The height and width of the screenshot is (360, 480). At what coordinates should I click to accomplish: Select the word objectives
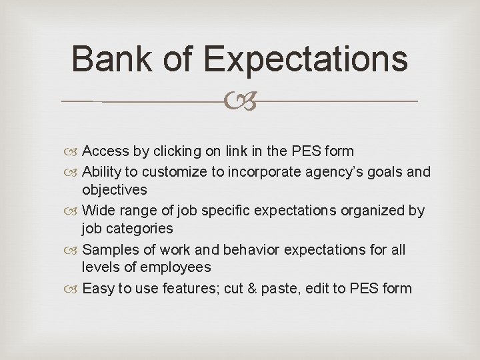[114, 191]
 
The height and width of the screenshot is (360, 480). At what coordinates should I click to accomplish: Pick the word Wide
[98, 211]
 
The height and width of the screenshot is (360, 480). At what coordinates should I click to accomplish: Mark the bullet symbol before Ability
[73, 173]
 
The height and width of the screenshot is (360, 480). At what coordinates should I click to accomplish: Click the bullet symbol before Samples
[73, 251]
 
